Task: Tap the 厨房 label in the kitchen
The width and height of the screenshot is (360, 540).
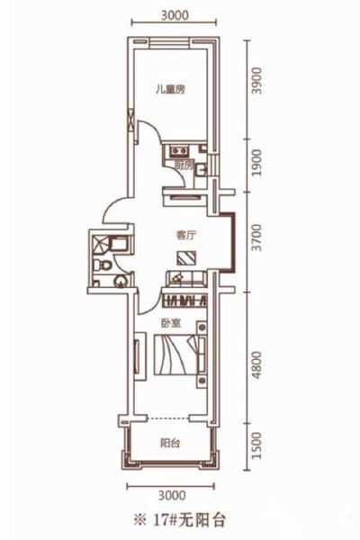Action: click(184, 166)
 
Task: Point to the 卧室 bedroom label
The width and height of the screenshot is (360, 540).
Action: click(172, 321)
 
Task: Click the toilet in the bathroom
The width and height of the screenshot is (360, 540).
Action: click(105, 267)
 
